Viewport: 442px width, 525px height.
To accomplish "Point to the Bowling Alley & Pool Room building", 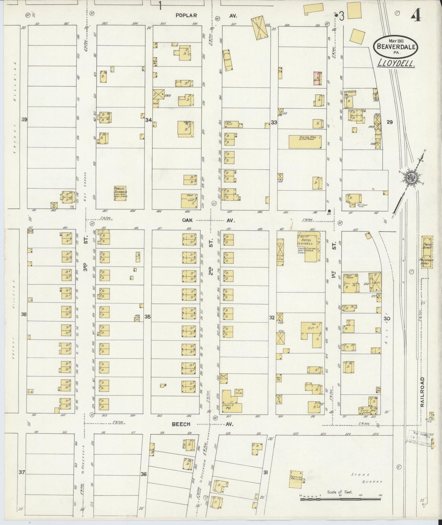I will pos(305,142).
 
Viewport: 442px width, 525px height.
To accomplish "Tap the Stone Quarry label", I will pos(367,478).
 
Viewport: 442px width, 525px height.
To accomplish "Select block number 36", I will pos(143,474).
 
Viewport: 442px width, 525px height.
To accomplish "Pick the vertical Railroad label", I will pos(422,392).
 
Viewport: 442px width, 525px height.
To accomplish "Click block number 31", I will pos(266,472).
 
